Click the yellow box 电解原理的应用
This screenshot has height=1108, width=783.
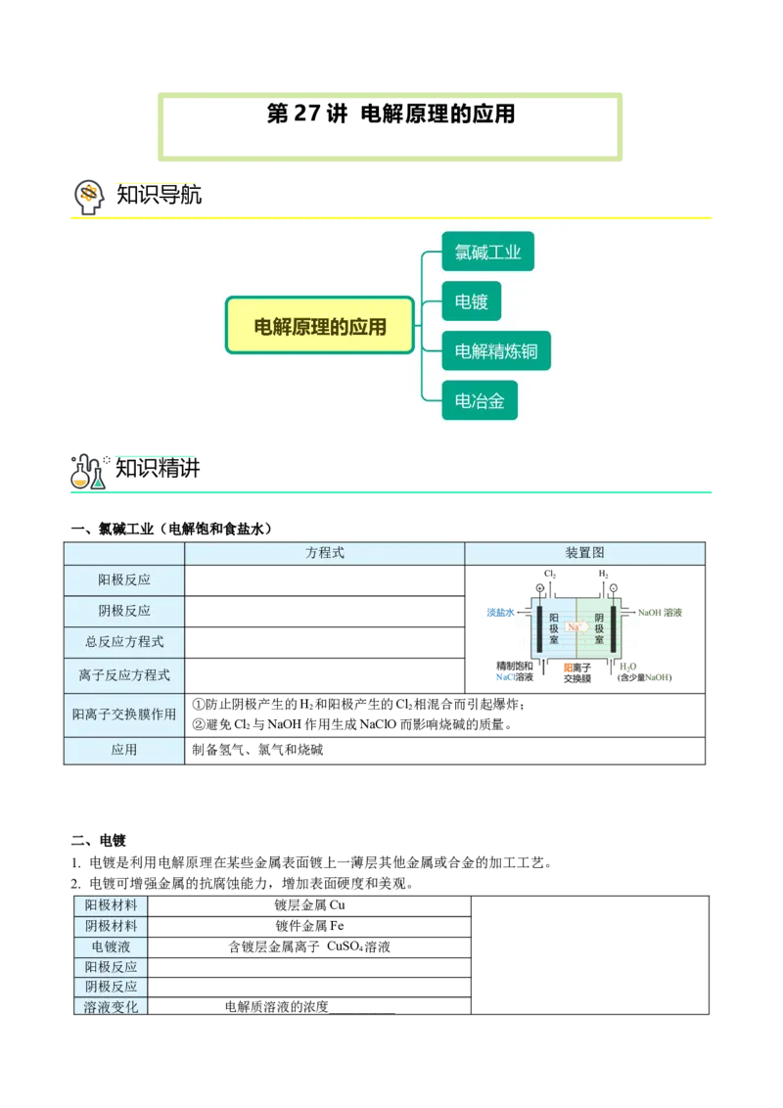click(x=320, y=325)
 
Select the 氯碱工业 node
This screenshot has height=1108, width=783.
click(x=487, y=253)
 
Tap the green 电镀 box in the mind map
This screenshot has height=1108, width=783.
click(x=471, y=301)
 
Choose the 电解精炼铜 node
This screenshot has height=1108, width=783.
click(x=496, y=351)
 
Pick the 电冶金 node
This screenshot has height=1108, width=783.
click(x=480, y=400)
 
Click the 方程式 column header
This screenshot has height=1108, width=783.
click(x=325, y=553)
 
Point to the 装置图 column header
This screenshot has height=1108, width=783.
click(x=584, y=553)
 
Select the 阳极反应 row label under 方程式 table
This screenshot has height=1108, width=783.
click(x=124, y=579)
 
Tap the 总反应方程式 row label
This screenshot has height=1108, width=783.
click(x=124, y=642)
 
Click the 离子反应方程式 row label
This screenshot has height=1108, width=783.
click(x=124, y=675)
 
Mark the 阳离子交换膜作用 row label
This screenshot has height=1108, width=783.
click(x=124, y=716)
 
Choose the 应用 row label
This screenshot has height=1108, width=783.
click(x=124, y=750)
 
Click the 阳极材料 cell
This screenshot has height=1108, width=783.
click(x=111, y=905)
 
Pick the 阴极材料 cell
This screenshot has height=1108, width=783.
click(x=111, y=926)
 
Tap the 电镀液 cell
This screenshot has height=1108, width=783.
click(x=111, y=946)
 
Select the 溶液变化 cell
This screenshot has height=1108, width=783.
click(x=111, y=1007)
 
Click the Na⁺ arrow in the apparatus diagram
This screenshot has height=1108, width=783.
click(x=576, y=626)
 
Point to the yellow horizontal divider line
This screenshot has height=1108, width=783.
click(x=391, y=216)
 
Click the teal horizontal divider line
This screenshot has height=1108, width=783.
click(x=391, y=489)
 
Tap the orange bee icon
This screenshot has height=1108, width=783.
click(x=89, y=193)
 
